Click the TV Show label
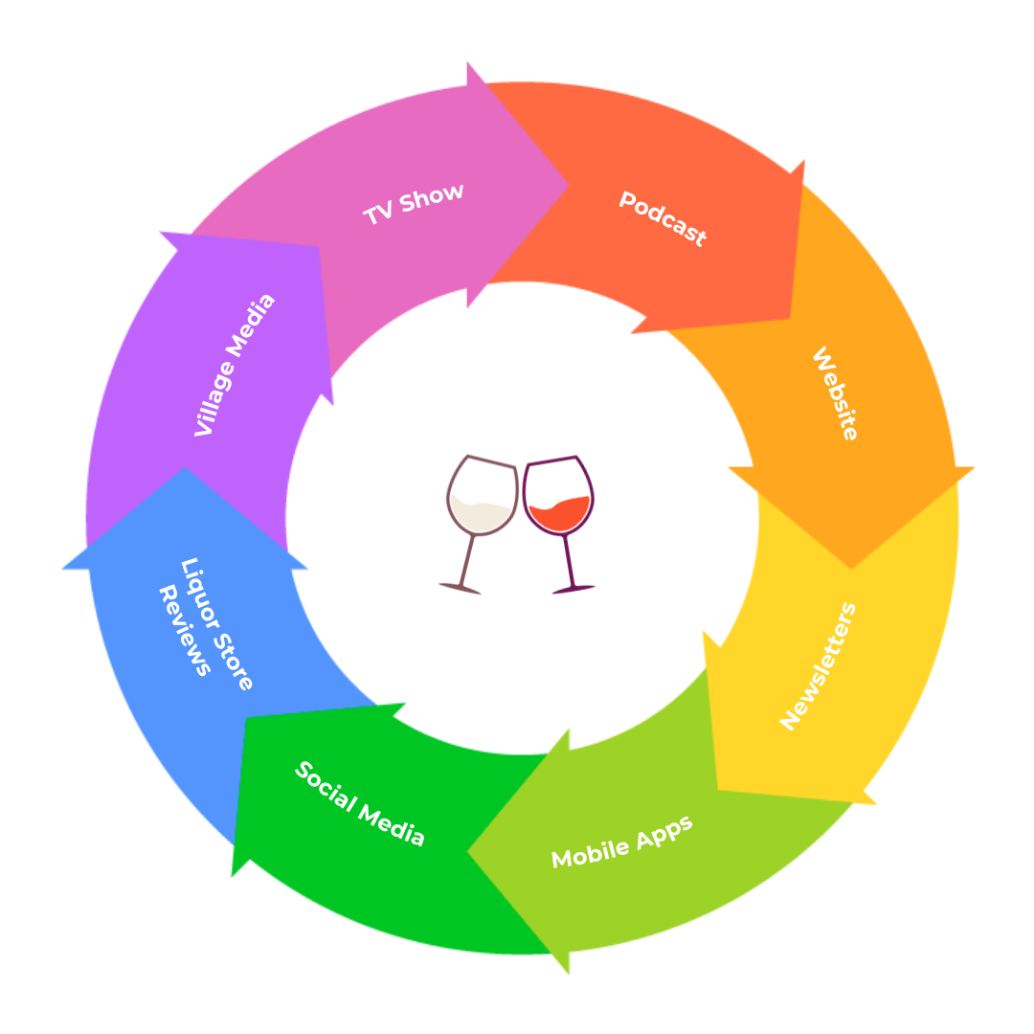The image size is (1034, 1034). coord(414,204)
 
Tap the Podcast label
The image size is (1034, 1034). coord(663,219)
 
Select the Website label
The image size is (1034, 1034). coord(835,393)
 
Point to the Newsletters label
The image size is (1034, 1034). coord(819,666)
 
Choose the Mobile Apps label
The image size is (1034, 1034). coord(621,843)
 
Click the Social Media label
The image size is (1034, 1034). coord(360,803)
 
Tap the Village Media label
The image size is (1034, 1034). coord(235,365)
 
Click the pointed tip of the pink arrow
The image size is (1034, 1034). coord(569,185)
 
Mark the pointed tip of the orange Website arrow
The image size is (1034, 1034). coord(851,568)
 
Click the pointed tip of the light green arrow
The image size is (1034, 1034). coord(468,850)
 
